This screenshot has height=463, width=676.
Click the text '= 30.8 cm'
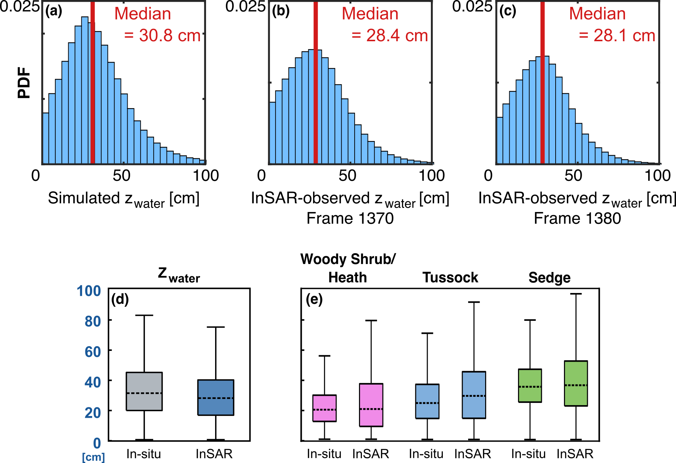pos(162,35)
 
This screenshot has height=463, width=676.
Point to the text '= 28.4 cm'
pos(390,35)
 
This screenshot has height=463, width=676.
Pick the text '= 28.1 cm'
pos(617,35)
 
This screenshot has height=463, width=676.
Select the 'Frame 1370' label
pos(350,218)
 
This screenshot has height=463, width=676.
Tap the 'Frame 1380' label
pos(577,218)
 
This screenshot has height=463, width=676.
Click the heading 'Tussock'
pos(450,277)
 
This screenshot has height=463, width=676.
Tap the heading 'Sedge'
pos(549,277)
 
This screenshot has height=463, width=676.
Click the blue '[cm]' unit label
pos(93,457)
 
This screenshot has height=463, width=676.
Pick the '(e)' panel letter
pos(314,300)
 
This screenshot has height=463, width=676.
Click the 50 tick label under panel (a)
pos(121,176)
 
